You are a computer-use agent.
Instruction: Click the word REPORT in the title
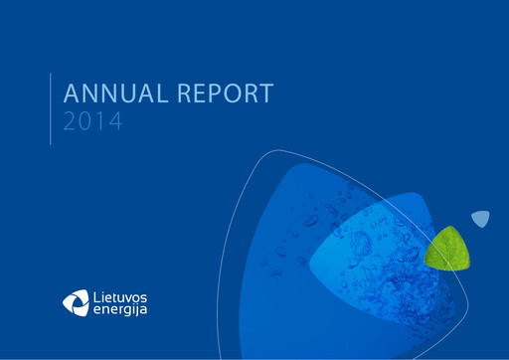point(226,95)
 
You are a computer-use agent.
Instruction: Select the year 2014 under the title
point(91,123)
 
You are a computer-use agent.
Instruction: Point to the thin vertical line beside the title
point(51,108)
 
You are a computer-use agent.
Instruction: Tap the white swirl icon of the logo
point(76,300)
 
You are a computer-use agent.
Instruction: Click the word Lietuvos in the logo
point(118,293)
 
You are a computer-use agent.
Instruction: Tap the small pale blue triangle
point(481,219)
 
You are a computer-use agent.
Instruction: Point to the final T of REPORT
point(265,95)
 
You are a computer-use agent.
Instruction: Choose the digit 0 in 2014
point(85,123)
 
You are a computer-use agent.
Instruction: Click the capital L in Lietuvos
point(95,293)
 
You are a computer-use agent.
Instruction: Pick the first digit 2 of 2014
point(70,123)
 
